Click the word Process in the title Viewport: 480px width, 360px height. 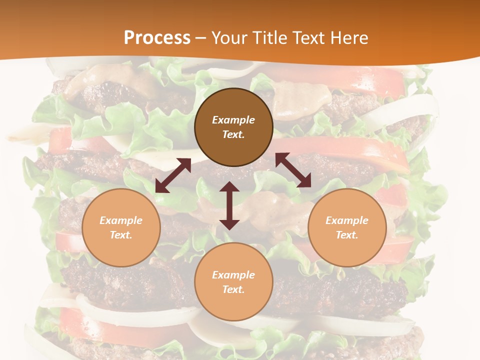point(157,37)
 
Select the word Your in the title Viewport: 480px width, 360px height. point(230,37)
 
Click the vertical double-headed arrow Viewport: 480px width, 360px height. point(229,205)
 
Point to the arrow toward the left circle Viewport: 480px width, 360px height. point(173,175)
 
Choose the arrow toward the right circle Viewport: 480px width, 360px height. point(293,170)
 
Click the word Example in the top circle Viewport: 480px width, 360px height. point(233,120)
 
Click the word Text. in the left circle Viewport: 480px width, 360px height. point(121,235)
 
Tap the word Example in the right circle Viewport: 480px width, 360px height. point(347,220)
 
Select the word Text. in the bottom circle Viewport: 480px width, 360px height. point(233,289)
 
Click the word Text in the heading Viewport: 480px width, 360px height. point(308,37)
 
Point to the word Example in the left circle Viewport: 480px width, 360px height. point(121,220)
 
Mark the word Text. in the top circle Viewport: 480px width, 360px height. point(233,134)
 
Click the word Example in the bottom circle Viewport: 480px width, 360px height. point(233,275)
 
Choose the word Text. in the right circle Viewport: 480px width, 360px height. point(347,235)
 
